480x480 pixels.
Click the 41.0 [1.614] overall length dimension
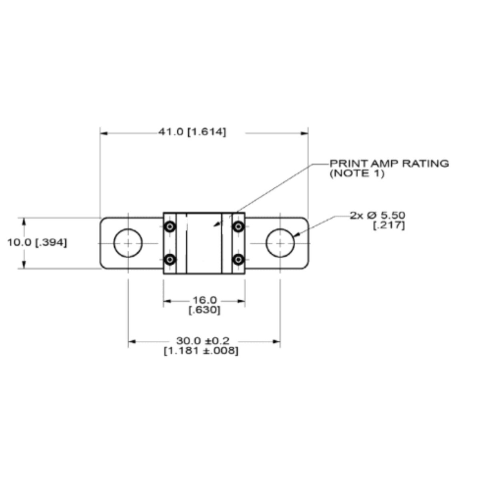coord(192,132)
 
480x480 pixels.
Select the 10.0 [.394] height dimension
coord(37,242)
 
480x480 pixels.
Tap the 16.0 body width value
coord(204,300)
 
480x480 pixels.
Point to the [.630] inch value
coord(204,310)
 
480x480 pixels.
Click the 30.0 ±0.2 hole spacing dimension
coord(203,341)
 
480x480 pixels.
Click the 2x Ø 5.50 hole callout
coord(377,216)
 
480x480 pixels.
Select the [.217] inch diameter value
coord(389,226)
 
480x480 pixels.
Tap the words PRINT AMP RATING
coord(389,163)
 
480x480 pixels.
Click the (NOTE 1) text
coord(357,173)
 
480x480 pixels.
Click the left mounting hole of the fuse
coord(128,243)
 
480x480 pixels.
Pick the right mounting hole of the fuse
coord(280,243)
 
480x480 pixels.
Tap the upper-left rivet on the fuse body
coord(170,226)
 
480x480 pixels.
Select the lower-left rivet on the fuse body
coord(170,260)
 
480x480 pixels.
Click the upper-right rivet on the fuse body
coord(238,226)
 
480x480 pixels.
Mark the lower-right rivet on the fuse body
coord(238,260)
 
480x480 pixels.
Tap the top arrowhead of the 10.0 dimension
coord(24,222)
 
